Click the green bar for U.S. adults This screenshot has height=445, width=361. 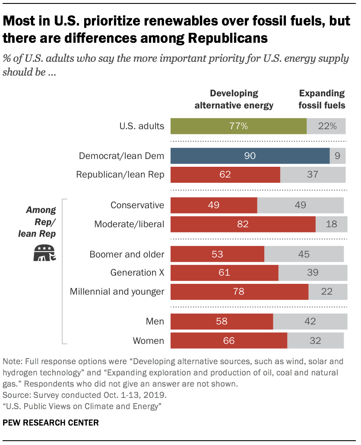[x=238, y=126]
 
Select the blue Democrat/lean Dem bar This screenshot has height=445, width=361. [x=250, y=156]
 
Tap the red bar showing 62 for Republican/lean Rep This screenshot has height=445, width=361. [x=225, y=175]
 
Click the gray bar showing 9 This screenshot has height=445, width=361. [x=338, y=156]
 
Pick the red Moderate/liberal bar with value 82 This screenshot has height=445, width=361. [x=243, y=225]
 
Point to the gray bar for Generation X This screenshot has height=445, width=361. [x=313, y=273]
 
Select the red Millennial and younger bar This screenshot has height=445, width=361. [x=239, y=292]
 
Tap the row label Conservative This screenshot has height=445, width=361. [x=137, y=205]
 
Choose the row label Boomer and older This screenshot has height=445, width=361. [x=127, y=254]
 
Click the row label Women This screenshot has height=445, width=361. [x=149, y=340]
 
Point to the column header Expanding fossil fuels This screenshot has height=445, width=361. [x=322, y=99]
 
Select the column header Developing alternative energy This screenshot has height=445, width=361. [x=234, y=99]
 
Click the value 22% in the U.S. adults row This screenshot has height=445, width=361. [x=327, y=126]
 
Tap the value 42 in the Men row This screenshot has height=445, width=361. [x=310, y=321]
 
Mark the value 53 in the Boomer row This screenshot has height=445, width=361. [x=217, y=254]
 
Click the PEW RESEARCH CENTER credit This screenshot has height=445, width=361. [x=51, y=423]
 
